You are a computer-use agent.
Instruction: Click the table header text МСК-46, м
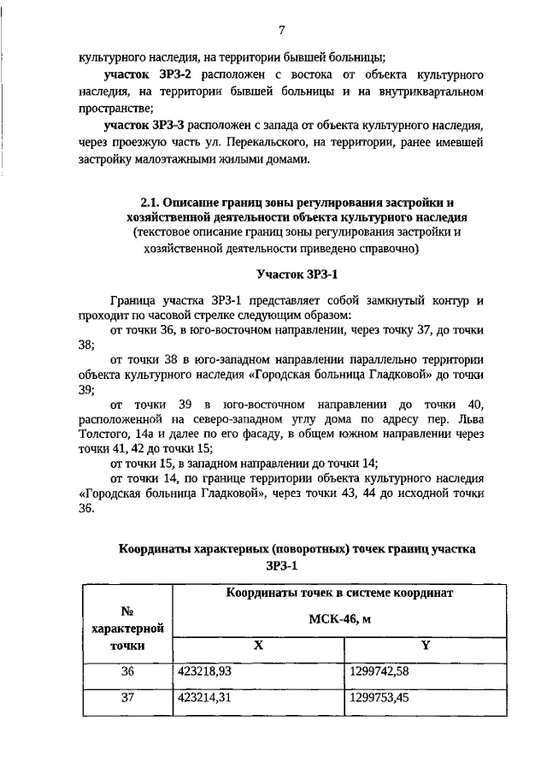click(339, 617)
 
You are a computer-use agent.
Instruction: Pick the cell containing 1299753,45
click(379, 700)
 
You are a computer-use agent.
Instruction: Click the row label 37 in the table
click(127, 700)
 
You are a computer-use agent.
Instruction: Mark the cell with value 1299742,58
click(379, 671)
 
